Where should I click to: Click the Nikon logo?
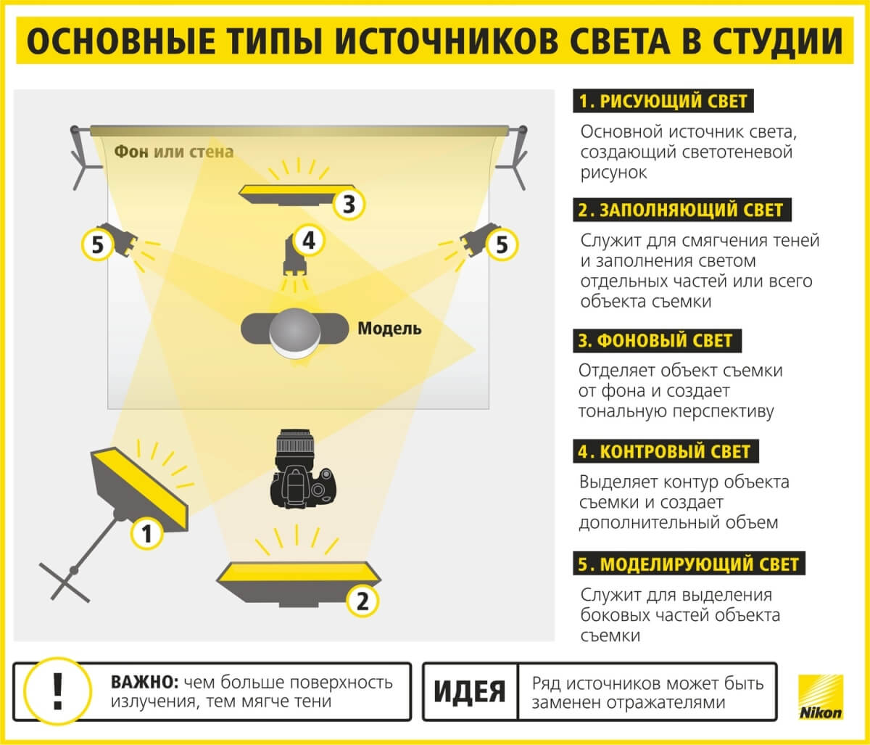[x=821, y=697]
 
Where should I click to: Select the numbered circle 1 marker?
[x=146, y=534]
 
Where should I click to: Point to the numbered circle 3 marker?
[x=349, y=205]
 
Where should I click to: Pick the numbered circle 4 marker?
[x=310, y=241]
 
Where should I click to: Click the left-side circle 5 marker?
[x=97, y=244]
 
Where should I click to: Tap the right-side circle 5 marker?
[x=502, y=244]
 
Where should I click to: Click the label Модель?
[x=389, y=329]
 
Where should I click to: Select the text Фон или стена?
[x=174, y=152]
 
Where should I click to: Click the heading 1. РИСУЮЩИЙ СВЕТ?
[x=663, y=101]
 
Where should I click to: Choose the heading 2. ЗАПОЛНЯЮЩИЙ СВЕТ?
[x=681, y=210]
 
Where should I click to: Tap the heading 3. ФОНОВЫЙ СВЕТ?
[x=657, y=340]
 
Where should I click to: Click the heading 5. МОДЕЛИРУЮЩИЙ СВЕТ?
[x=689, y=564]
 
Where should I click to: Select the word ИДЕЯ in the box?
[x=470, y=691]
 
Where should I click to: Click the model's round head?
[x=294, y=332]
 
